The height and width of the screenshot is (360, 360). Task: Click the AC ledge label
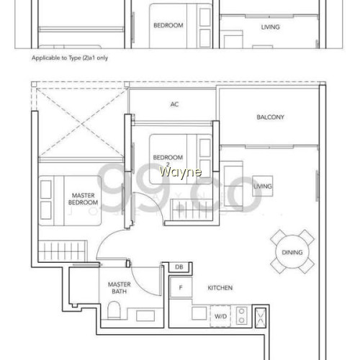(174, 104)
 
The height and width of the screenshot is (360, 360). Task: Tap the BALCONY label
(270, 117)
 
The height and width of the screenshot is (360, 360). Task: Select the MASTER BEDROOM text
(83, 199)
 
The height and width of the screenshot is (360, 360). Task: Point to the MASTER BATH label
(120, 288)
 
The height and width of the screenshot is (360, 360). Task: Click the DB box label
(179, 267)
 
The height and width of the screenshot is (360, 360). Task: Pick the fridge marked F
(181, 287)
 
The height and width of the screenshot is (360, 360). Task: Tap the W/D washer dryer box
(220, 316)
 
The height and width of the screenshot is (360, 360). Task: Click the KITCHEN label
(220, 288)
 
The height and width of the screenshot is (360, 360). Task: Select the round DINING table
(292, 252)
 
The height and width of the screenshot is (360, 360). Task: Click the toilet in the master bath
(114, 310)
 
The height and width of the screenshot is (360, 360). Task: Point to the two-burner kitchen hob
(242, 316)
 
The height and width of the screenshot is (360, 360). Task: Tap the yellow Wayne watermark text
(181, 172)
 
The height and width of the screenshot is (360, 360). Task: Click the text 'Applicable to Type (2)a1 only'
(70, 58)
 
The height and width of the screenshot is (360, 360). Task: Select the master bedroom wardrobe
(63, 251)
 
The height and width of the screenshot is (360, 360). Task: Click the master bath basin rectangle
(145, 315)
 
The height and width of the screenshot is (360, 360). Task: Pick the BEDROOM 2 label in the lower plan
(168, 161)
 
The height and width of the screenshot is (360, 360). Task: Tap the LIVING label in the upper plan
(271, 27)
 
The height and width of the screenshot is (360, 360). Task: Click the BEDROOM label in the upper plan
(168, 25)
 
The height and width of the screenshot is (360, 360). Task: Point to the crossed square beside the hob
(261, 318)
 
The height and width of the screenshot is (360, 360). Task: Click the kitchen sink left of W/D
(199, 313)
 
